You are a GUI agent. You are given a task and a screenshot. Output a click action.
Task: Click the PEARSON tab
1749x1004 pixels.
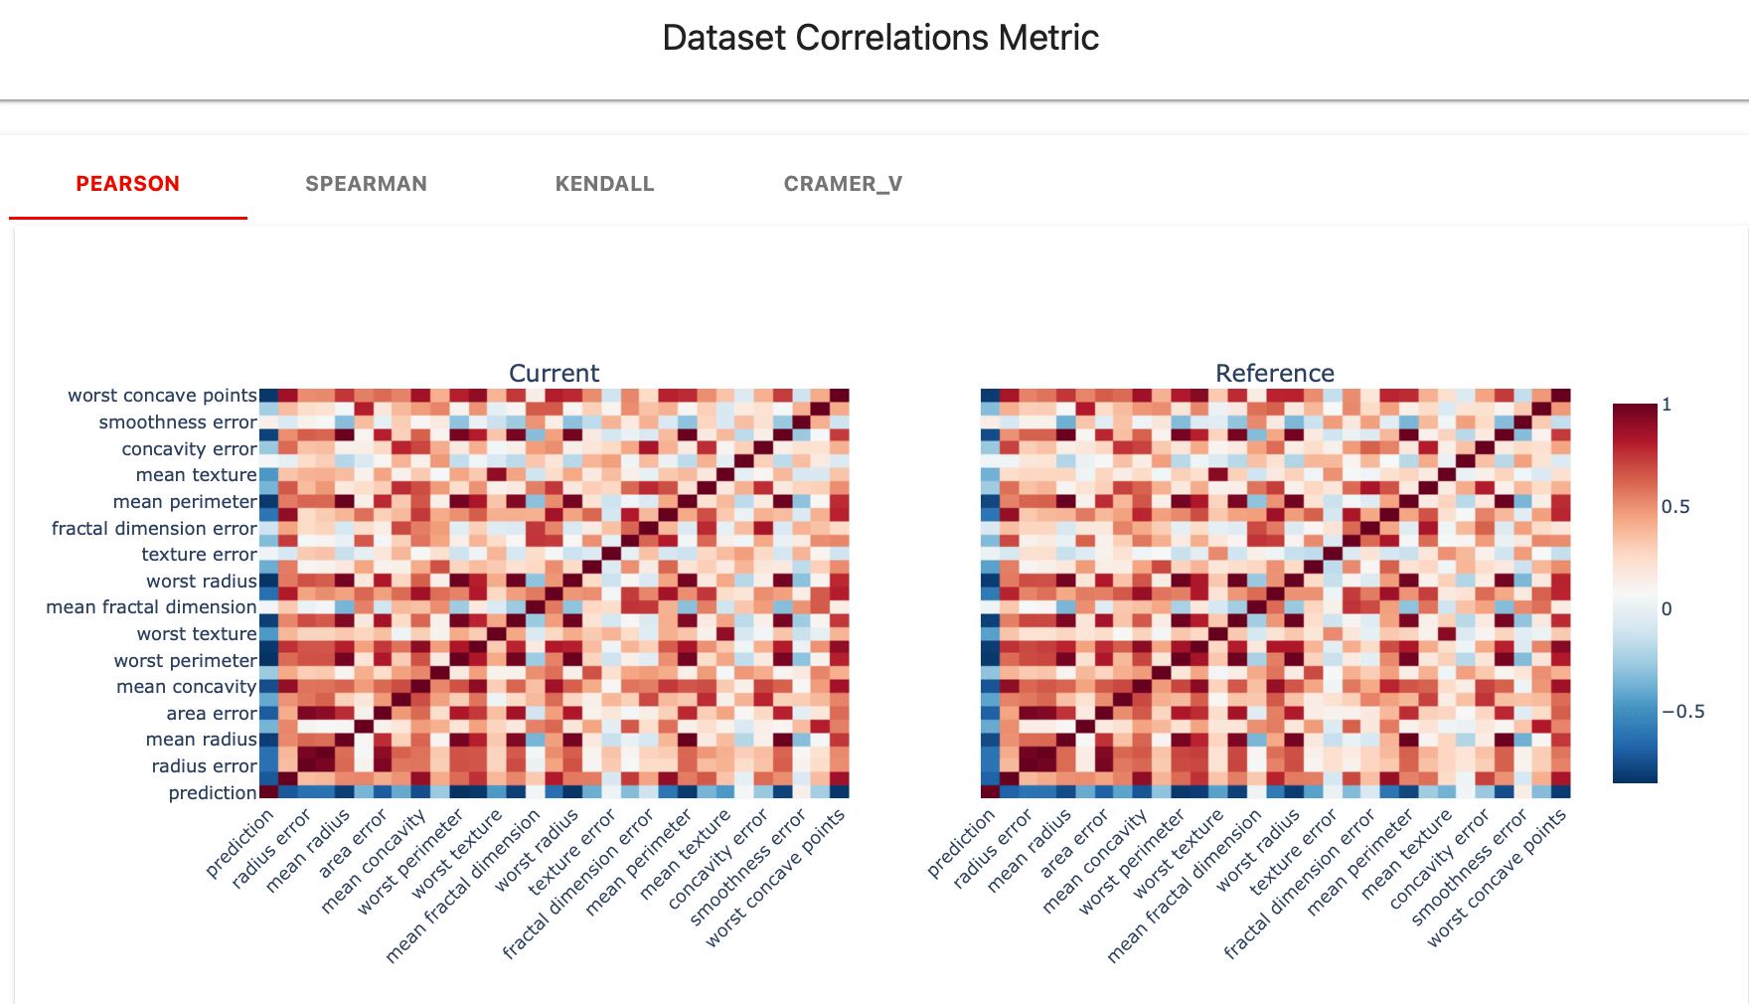128,184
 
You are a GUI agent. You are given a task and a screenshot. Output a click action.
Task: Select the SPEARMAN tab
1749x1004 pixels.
366,184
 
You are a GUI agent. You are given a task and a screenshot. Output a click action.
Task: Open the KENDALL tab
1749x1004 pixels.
604,184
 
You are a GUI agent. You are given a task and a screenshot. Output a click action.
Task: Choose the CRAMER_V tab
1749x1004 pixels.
843,184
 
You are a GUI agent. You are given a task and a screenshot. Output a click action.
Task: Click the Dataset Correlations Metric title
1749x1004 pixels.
880,38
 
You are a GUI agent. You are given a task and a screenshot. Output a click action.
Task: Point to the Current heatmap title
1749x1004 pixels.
554,373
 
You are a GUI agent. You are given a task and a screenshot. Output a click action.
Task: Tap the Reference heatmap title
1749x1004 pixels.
1275,373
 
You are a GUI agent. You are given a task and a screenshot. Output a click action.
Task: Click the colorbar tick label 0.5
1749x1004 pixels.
1675,507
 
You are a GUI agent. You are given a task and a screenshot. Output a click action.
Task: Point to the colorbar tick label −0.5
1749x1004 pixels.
1682,711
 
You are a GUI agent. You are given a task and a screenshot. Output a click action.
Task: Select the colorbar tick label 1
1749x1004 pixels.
1667,405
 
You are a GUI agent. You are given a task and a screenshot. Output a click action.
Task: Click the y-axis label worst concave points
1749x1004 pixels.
162,396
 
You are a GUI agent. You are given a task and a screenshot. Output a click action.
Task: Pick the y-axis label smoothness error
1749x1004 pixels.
178,422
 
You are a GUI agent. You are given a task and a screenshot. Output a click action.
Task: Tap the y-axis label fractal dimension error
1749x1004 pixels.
154,528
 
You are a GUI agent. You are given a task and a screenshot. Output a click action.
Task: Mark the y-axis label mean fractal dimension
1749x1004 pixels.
151,607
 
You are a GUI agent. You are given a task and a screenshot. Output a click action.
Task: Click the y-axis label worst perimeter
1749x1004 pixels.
185,660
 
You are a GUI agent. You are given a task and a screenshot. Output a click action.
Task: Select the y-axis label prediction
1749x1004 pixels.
213,792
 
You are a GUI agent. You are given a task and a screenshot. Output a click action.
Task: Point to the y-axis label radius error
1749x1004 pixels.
204,766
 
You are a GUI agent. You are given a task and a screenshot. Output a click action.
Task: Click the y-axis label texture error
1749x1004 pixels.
199,555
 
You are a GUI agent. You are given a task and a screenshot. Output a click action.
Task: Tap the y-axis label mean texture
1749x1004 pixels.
196,475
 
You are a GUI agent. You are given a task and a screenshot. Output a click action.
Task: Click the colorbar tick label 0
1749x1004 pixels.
1667,608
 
